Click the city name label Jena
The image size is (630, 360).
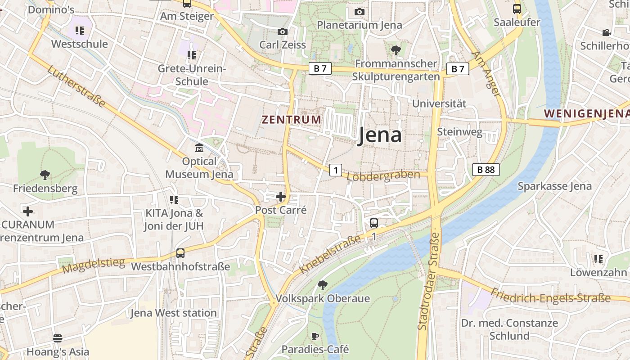[x=379, y=135]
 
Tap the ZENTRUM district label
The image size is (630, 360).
[x=292, y=120]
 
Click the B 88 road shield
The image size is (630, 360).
[x=486, y=170]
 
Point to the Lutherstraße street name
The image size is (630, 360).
[x=76, y=87]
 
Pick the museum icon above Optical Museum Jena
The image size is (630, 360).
[x=199, y=148]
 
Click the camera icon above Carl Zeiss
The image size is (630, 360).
[x=282, y=31]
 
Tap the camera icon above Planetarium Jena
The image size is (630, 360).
[x=359, y=12]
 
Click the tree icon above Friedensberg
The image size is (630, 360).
[x=45, y=175]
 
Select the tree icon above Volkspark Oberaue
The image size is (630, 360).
[x=322, y=285]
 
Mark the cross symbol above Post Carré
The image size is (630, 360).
[x=281, y=197]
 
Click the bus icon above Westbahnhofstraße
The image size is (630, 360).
[x=180, y=253]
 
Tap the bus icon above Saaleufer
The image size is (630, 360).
[x=517, y=9]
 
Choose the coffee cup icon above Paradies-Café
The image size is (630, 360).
[x=315, y=336]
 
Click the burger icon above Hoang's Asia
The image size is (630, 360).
[x=58, y=338]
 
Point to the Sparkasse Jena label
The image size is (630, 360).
[x=554, y=186]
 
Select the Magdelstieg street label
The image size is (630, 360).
[x=94, y=265]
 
